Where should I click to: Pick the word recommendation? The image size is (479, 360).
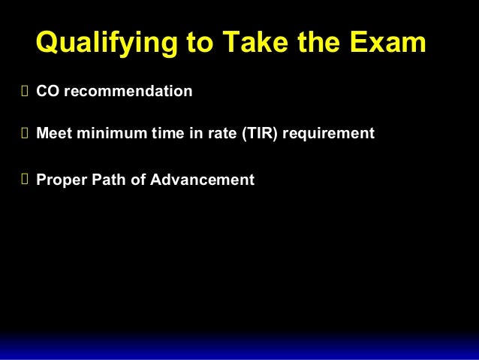tap(128, 92)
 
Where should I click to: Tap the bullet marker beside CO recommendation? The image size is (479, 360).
tap(24, 92)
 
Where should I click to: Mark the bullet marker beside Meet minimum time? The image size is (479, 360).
tap(24, 135)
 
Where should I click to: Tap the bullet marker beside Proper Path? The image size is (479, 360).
tap(24, 181)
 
